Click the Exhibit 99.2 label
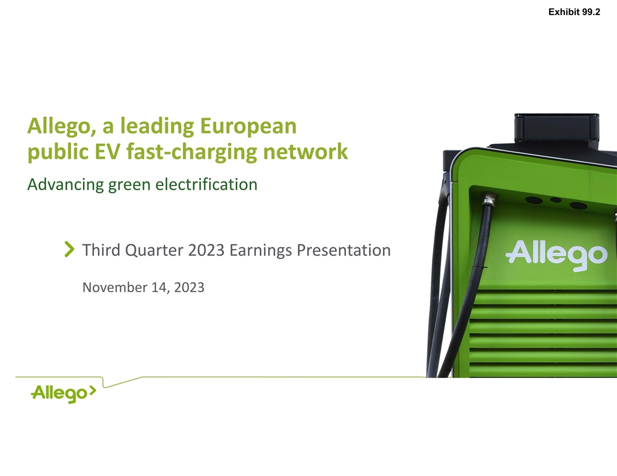tap(574, 12)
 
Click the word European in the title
tap(248, 127)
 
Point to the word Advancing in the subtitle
tap(65, 184)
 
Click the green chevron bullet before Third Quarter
tap(70, 250)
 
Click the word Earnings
tap(261, 251)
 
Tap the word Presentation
tap(344, 250)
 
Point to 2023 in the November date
tap(189, 288)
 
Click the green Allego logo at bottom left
tap(63, 394)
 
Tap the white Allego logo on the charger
tap(556, 256)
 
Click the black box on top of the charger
tap(556, 128)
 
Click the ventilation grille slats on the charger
tap(543, 334)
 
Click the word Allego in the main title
tap(62, 127)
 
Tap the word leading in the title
tap(157, 127)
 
